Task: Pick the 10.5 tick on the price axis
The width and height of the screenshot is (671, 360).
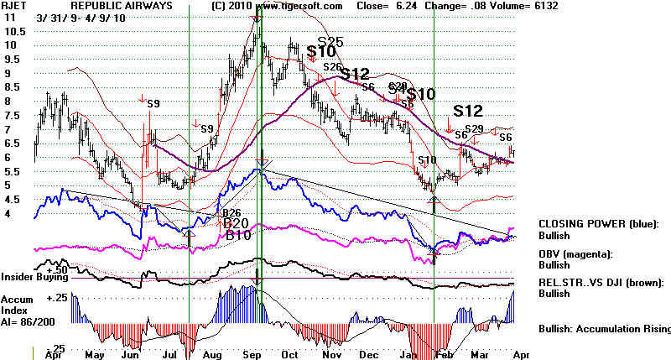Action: coord(14,31)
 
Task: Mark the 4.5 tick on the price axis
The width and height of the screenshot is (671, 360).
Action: coord(13,200)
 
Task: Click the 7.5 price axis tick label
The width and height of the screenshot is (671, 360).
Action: coord(13,115)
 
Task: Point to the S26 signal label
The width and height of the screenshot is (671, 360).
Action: coord(332,67)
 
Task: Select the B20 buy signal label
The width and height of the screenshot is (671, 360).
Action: coord(237,223)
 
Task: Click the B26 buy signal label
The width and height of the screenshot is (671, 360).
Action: coord(231,212)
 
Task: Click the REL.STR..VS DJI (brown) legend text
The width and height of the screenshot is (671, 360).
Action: coord(605,282)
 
